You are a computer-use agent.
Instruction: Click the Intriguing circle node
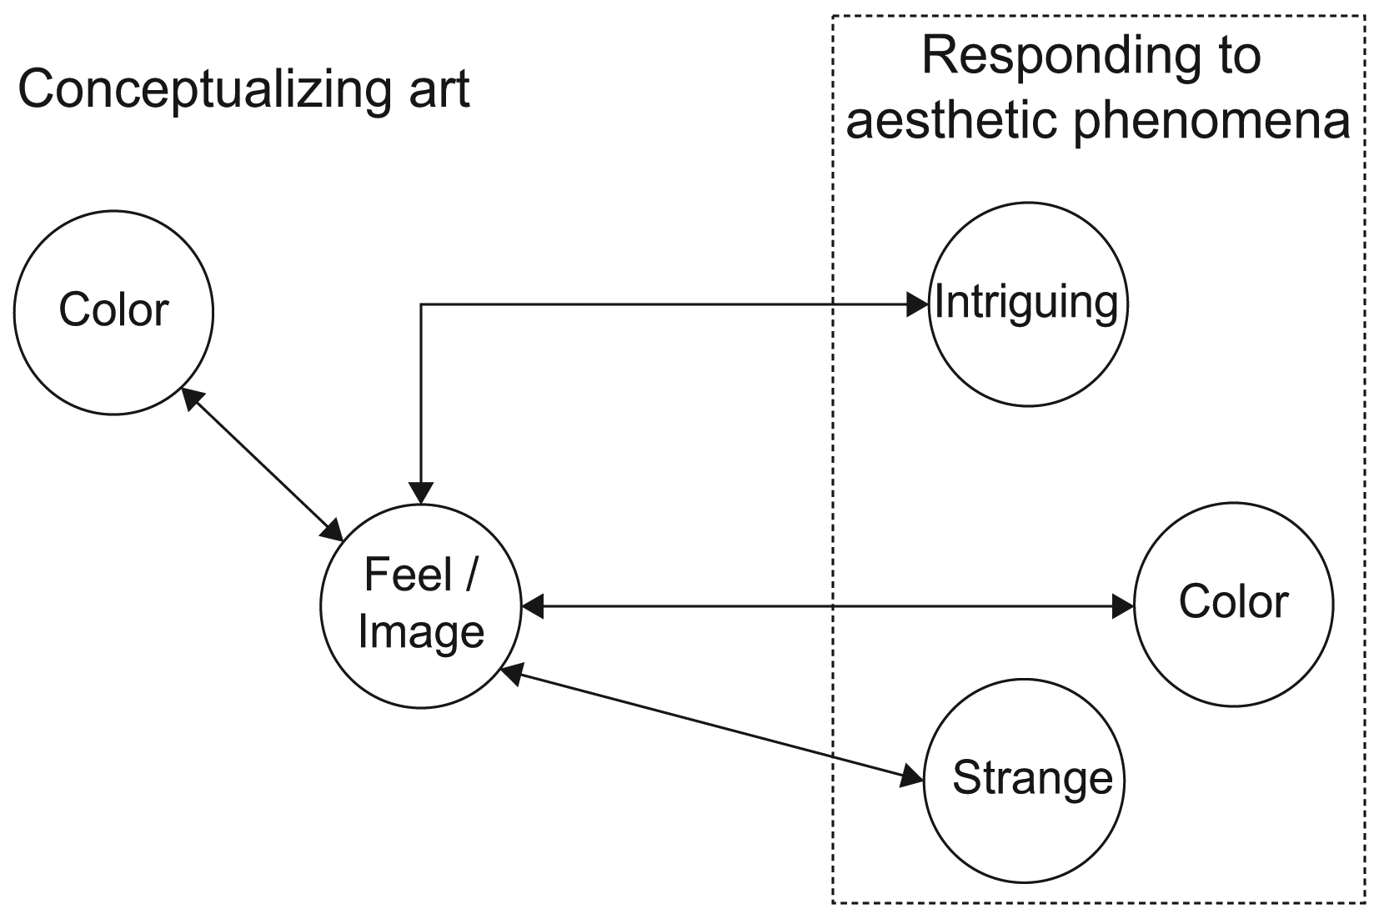tap(1027, 305)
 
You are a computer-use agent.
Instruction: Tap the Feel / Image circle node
tap(421, 606)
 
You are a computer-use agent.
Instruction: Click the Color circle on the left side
tap(113, 312)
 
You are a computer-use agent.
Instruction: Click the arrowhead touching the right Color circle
tap(1122, 606)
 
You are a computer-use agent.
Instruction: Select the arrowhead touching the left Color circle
tap(192, 399)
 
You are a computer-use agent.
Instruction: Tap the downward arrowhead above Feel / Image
tap(421, 493)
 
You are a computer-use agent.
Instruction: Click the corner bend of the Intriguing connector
tap(422, 306)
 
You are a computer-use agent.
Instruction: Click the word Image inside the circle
tap(421, 631)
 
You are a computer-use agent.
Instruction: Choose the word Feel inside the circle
tap(397, 575)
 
